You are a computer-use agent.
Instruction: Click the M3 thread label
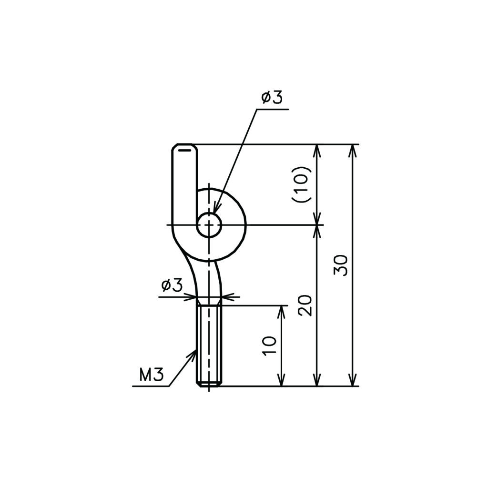[x=152, y=375]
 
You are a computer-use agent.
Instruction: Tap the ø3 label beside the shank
[x=172, y=285]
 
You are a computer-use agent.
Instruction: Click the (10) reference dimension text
[x=301, y=184]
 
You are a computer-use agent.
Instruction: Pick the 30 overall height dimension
[x=340, y=265]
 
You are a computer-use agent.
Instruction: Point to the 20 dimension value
[x=305, y=305]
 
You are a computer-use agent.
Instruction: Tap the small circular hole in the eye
[x=209, y=225]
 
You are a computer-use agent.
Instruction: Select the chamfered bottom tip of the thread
[x=209, y=385]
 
